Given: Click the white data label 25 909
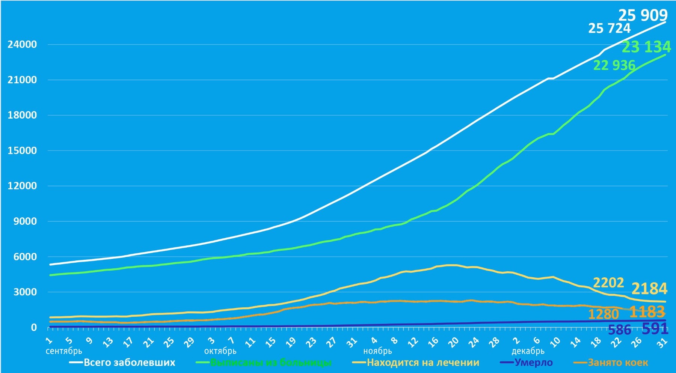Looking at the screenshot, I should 643,15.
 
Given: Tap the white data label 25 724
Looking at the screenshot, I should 609,28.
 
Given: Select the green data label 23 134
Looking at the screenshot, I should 646,47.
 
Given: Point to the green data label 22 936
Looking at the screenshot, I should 614,65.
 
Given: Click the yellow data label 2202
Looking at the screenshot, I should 608,283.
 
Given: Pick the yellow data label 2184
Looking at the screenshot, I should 649,289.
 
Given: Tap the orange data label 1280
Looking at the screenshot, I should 603,314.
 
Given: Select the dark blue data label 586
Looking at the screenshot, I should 619,330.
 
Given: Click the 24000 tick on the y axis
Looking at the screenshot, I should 22,44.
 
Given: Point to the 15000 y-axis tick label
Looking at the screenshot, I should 22,150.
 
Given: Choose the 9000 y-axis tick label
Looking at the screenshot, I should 25,221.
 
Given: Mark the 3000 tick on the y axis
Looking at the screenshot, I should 25,292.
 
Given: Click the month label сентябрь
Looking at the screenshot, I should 64,351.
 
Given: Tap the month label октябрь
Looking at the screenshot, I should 220,351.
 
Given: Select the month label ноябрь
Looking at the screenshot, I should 377,351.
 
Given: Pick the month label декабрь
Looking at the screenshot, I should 528,351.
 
